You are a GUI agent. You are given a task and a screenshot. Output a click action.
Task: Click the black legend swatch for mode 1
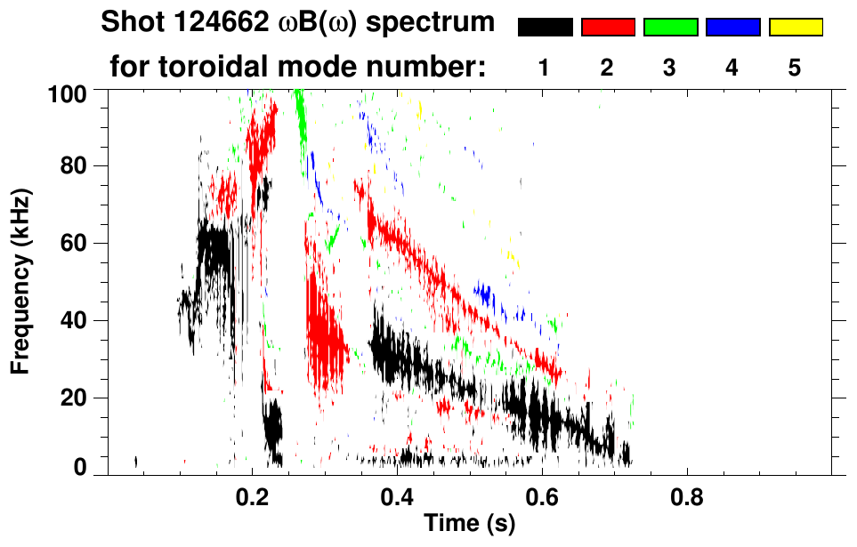545,28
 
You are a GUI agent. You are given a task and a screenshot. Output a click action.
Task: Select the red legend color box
608,28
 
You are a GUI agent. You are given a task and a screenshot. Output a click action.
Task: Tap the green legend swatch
670,28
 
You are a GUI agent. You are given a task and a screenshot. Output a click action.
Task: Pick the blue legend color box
732,28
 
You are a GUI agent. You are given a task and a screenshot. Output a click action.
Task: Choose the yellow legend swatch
796,28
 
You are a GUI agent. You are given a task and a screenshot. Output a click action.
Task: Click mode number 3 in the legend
670,68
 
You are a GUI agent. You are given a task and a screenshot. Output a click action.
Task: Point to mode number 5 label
795,68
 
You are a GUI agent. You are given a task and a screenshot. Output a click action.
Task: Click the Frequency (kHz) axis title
21,280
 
